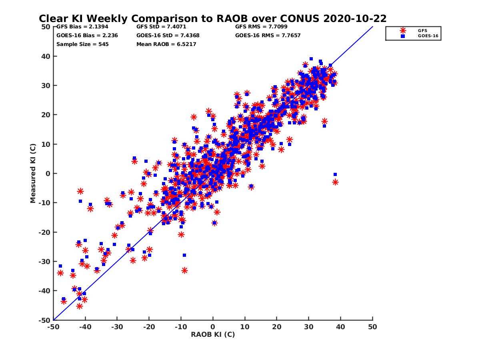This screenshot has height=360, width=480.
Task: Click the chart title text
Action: coord(212,18)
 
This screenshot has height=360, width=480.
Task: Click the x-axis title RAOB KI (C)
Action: coord(213,334)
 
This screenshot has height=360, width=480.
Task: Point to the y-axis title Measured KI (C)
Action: coord(33,173)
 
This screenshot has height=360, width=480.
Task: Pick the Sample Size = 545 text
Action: coord(82,44)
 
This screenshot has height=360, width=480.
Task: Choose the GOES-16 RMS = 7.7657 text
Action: coord(268,35)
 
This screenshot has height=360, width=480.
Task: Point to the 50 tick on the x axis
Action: coord(372,327)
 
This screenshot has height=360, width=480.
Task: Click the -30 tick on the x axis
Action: coord(117,327)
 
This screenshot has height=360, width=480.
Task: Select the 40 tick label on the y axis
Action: coord(46,56)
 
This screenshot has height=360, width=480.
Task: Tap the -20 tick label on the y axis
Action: coord(45,232)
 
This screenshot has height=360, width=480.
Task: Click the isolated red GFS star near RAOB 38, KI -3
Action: coord(335,182)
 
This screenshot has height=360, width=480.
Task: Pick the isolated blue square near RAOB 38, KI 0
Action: coord(335,174)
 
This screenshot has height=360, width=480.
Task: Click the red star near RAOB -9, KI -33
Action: coord(184,270)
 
